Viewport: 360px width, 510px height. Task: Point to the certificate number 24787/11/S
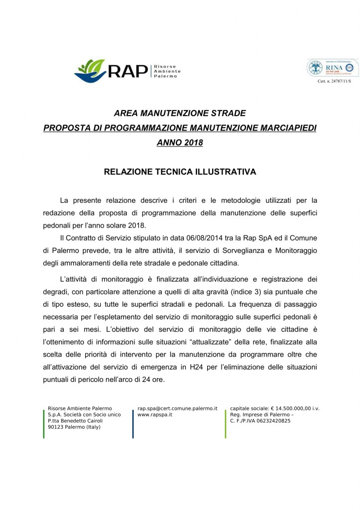pyautogui.click(x=334, y=81)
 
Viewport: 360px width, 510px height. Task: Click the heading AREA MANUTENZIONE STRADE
pyautogui.click(x=180, y=114)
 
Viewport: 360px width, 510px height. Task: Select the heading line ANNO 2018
pyautogui.click(x=180, y=142)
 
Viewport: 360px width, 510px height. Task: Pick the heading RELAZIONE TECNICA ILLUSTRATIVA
pyautogui.click(x=180, y=172)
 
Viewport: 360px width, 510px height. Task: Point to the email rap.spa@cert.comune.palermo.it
pyautogui.click(x=178, y=408)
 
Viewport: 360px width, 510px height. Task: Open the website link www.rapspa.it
pyautogui.click(x=155, y=414)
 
